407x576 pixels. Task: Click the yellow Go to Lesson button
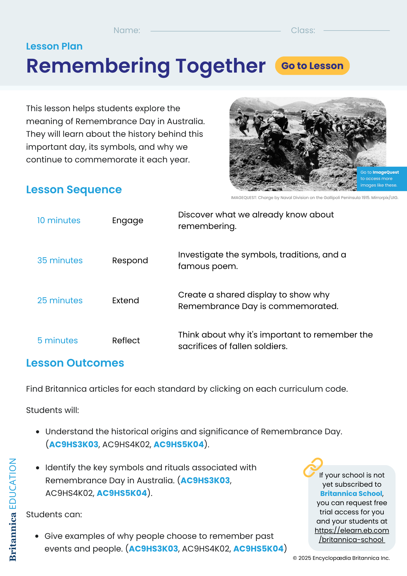pyautogui.click(x=312, y=66)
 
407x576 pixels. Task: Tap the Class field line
pyautogui.click(x=356, y=30)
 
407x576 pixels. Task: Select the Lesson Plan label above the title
pyautogui.click(x=54, y=46)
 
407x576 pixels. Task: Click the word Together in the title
pyautogui.click(x=220, y=66)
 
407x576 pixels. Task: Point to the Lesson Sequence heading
pyautogui.click(x=74, y=190)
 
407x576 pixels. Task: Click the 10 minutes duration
pyautogui.click(x=59, y=220)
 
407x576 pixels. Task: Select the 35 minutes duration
pyautogui.click(x=60, y=260)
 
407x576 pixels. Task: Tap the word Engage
pyautogui.click(x=128, y=221)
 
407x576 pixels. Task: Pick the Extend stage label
pyautogui.click(x=125, y=300)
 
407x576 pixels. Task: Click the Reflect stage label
pyautogui.click(x=126, y=340)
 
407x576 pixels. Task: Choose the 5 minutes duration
pyautogui.click(x=58, y=340)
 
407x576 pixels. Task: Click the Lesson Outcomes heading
pyautogui.click(x=75, y=363)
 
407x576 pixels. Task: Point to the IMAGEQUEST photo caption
pyautogui.click(x=314, y=198)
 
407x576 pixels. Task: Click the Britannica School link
pyautogui.click(x=351, y=494)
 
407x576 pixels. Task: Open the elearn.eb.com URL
pyautogui.click(x=352, y=535)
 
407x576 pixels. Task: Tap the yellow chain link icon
pyautogui.click(x=313, y=467)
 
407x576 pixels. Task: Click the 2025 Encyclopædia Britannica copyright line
pyautogui.click(x=341, y=558)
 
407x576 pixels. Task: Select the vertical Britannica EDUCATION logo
pyautogui.click(x=13, y=509)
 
